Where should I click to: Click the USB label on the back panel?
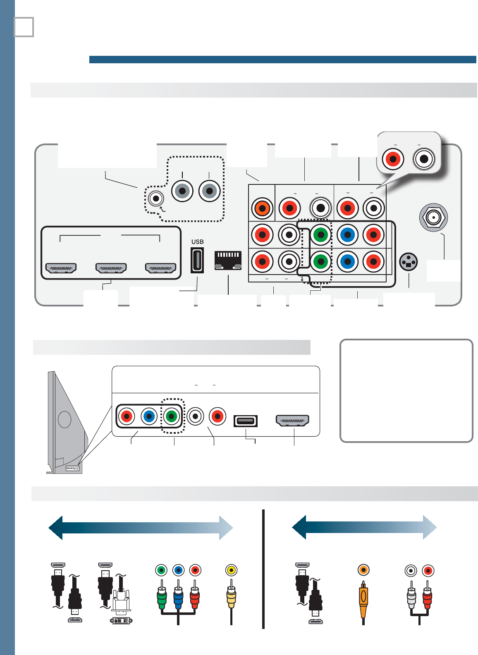pyautogui.click(x=198, y=242)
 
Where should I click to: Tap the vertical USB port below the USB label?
pyautogui.click(x=197, y=260)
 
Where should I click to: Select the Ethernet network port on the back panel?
pyautogui.click(x=228, y=260)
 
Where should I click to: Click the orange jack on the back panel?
pyautogui.click(x=262, y=208)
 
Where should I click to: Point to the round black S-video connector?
pyautogui.click(x=409, y=262)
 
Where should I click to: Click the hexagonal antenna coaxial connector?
pyautogui.click(x=433, y=218)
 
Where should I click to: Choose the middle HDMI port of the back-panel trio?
pyautogui.click(x=111, y=268)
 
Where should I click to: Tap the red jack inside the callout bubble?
pyautogui.click(x=393, y=159)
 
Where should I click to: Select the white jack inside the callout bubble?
pyautogui.click(x=424, y=159)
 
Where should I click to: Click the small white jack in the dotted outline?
pyautogui.click(x=156, y=199)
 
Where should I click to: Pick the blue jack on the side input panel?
pyautogui.click(x=149, y=416)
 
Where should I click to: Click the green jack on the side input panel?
pyautogui.click(x=171, y=416)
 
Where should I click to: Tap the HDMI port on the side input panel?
pyautogui.click(x=293, y=421)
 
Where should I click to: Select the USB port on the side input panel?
pyautogui.click(x=246, y=421)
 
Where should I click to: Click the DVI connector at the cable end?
pyautogui.click(x=121, y=620)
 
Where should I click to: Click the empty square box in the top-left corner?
pyautogui.click(x=24, y=27)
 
